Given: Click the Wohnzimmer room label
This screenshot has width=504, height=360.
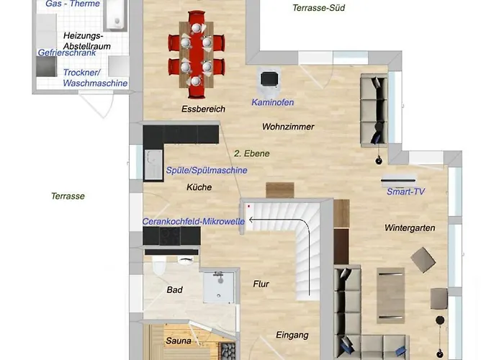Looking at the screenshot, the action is [288, 127].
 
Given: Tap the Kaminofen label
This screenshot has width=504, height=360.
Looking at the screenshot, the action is [273, 102].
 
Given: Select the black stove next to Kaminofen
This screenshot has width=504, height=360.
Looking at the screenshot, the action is [269, 79].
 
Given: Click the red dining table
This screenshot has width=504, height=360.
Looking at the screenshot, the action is [196, 54].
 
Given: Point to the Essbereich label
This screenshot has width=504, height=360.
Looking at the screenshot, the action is [203, 109].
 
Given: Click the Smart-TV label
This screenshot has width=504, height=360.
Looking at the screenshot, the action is [405, 192].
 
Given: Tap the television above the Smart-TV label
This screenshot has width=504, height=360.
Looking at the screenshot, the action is [399, 180].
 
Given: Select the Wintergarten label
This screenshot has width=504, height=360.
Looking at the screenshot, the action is [410, 228].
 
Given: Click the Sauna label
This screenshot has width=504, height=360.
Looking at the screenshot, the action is [179, 341].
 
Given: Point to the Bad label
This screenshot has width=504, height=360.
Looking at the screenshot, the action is [174, 290].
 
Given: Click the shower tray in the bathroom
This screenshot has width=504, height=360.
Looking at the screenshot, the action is [219, 287].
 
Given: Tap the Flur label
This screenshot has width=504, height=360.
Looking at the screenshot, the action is [261, 284].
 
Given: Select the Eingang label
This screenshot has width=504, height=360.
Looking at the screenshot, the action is [292, 336].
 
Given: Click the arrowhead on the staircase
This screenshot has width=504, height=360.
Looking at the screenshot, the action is [251, 220].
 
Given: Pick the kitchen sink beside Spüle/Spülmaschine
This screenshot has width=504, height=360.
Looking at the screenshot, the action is [153, 165].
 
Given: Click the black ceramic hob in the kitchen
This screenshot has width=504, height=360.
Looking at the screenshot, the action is [170, 236].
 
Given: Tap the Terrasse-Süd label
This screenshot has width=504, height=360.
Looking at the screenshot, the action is [318, 8].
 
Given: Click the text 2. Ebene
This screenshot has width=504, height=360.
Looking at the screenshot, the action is [252, 153].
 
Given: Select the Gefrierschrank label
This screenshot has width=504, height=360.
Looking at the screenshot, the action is [67, 53].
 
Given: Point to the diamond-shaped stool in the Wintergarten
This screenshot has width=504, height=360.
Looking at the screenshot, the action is [423, 260].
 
